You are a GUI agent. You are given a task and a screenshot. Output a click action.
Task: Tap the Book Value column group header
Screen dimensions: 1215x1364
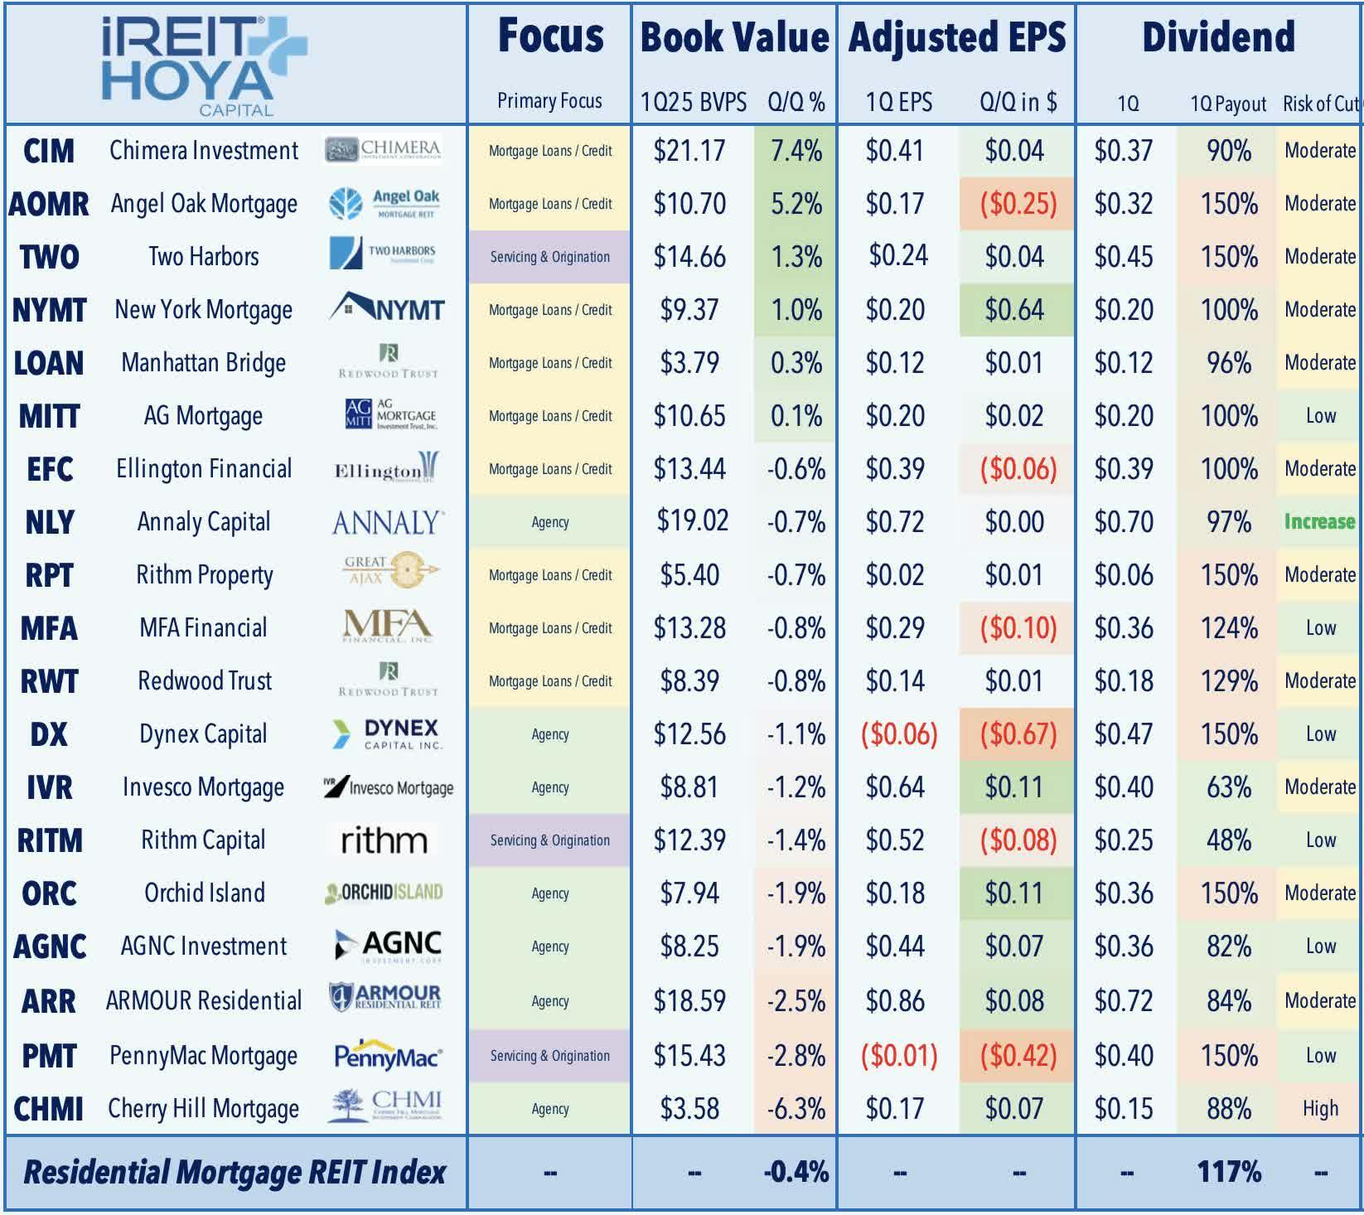pyautogui.click(x=734, y=37)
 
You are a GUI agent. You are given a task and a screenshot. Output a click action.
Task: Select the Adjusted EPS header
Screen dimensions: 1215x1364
pyautogui.click(x=957, y=37)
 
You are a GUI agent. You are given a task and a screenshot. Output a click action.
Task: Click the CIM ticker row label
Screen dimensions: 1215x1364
pyautogui.click(x=49, y=151)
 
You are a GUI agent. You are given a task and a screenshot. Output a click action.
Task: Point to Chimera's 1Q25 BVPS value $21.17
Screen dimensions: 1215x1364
pyautogui.click(x=689, y=151)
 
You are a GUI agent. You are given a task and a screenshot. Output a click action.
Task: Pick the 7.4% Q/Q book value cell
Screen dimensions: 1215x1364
pyautogui.click(x=796, y=151)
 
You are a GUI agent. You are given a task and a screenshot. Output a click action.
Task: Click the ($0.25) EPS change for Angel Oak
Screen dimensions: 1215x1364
pyautogui.click(x=1018, y=204)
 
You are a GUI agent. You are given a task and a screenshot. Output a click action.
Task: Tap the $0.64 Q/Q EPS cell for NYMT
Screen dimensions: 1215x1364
pyautogui.click(x=1014, y=310)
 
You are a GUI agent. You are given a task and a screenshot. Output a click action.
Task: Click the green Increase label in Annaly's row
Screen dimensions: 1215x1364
pyautogui.click(x=1319, y=521)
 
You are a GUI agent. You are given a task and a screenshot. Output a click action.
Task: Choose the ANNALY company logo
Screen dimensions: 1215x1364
pyautogui.click(x=388, y=522)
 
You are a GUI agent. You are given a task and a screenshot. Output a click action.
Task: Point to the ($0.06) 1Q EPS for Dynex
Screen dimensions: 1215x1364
pyautogui.click(x=899, y=734)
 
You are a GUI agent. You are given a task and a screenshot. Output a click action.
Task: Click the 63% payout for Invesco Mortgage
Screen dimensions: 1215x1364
pyautogui.click(x=1229, y=787)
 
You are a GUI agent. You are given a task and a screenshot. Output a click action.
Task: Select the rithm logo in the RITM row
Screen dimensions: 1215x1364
pyautogui.click(x=384, y=840)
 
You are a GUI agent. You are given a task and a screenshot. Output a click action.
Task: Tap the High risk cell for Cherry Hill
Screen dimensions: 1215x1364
pyautogui.click(x=1320, y=1109)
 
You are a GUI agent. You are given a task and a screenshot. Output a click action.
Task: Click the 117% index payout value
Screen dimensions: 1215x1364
pyautogui.click(x=1229, y=1172)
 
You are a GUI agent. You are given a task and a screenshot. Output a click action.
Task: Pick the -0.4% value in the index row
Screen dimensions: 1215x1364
pyautogui.click(x=796, y=1172)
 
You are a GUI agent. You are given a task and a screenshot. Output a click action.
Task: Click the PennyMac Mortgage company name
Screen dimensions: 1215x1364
pyautogui.click(x=203, y=1056)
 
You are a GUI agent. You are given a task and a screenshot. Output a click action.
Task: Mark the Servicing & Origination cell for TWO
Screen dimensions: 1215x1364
pyautogui.click(x=549, y=257)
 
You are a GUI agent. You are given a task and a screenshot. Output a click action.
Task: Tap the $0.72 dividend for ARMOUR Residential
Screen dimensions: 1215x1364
pyautogui.click(x=1124, y=1001)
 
